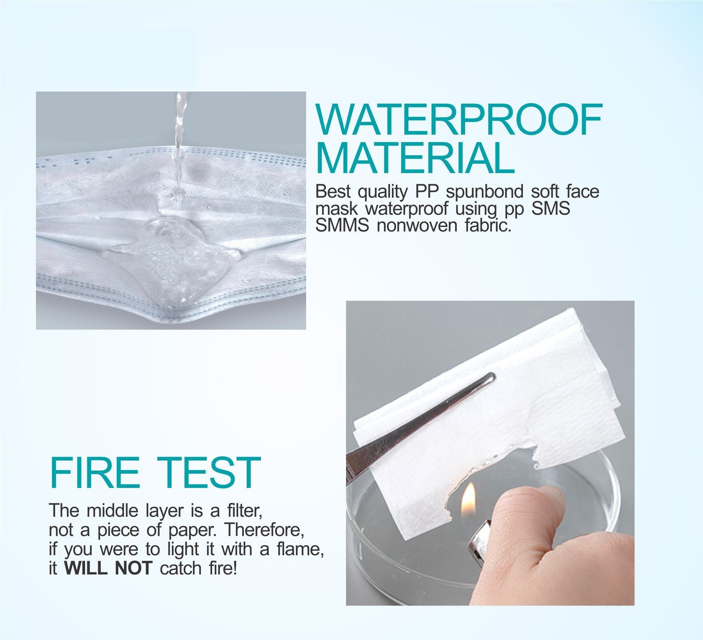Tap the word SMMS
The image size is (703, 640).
(x=342, y=225)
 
